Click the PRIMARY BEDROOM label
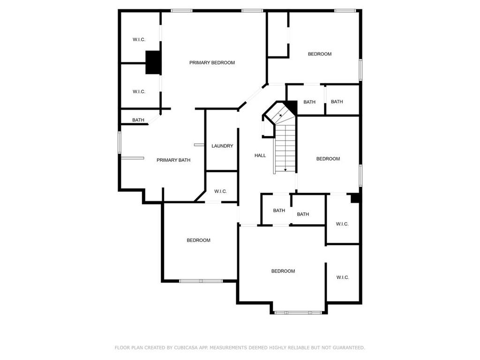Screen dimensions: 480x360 click(x=212, y=63)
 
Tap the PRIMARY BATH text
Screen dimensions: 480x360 click(x=173, y=160)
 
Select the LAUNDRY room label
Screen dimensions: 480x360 click(x=222, y=146)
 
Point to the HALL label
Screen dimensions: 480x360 click(x=260, y=156)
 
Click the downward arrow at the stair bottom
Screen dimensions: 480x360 click(x=285, y=170)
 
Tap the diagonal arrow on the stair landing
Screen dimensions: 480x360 click(x=280, y=115)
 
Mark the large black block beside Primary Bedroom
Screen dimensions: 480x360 click(x=153, y=62)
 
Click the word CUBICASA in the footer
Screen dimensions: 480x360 click(x=186, y=347)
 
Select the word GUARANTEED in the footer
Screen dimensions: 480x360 click(x=348, y=347)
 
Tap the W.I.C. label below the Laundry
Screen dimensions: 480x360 click(x=220, y=192)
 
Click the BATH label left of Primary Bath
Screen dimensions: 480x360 click(x=138, y=120)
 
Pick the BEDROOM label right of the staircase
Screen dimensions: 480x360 click(x=328, y=159)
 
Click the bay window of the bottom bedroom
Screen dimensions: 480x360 click(x=298, y=313)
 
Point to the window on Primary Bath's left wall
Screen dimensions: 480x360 click(x=120, y=142)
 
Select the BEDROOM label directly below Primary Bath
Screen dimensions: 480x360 click(x=198, y=240)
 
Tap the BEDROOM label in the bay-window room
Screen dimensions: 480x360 click(x=283, y=271)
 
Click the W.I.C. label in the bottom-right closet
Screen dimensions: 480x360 click(x=343, y=277)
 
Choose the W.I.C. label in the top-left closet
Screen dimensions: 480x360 click(x=139, y=39)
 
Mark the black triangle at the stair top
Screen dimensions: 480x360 click(x=292, y=106)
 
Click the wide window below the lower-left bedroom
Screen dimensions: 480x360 click(x=201, y=281)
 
